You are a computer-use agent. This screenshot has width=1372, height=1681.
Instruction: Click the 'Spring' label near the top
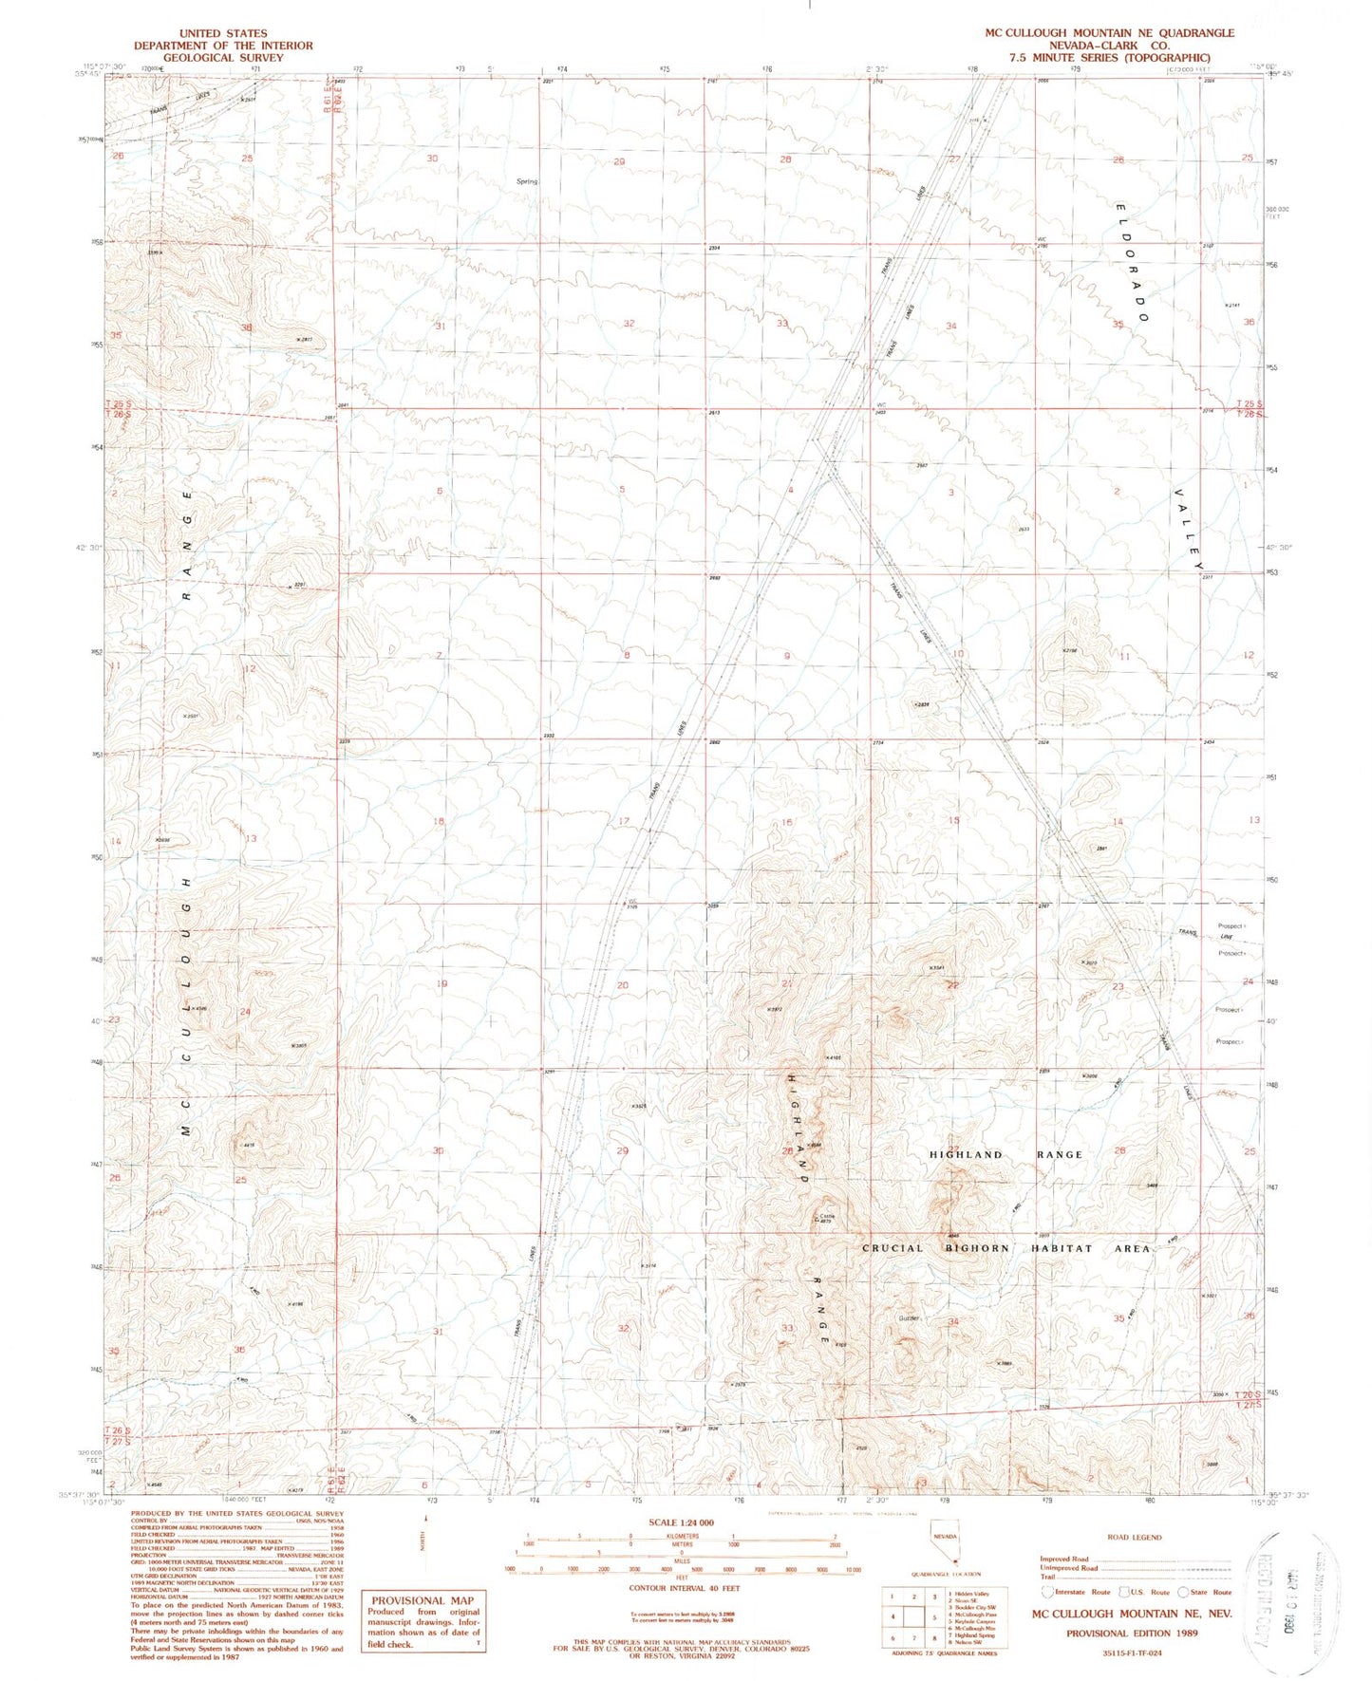(x=526, y=181)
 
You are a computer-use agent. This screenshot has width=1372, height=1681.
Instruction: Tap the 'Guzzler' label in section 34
(x=910, y=1318)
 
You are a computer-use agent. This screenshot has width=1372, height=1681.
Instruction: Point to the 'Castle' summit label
(x=825, y=1216)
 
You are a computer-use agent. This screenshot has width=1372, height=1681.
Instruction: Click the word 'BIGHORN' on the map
(x=979, y=1248)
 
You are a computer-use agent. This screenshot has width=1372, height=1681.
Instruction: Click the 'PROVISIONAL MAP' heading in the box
(x=422, y=1599)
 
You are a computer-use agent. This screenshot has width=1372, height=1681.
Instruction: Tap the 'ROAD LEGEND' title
(x=1134, y=1537)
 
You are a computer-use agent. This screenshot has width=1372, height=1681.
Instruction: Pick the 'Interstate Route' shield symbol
(x=1047, y=1592)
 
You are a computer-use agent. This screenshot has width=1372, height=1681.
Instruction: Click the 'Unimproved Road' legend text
(x=1068, y=1568)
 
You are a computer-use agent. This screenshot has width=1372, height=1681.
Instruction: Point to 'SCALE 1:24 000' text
(x=681, y=1522)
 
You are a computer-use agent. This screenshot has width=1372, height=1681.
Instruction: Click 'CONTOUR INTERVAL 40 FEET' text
(x=681, y=1587)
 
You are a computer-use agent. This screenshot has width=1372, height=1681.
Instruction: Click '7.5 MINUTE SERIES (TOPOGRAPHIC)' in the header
(x=1109, y=57)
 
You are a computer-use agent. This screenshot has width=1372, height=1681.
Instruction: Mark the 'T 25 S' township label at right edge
(x=1250, y=403)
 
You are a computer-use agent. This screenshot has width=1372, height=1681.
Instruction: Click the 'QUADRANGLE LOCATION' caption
(x=945, y=1574)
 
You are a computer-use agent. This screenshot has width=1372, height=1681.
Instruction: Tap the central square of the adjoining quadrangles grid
(x=913, y=1617)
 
